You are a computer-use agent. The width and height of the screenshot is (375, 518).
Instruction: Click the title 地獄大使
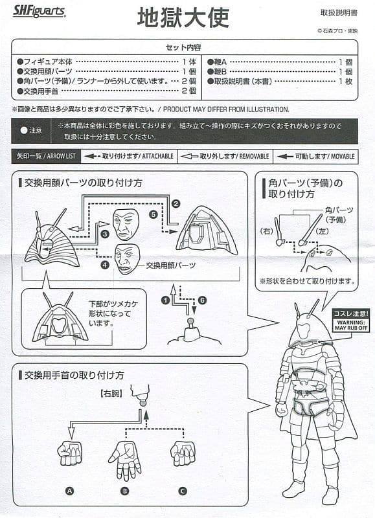click(x=183, y=17)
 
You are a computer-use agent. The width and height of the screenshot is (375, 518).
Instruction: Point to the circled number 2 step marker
click(x=176, y=203)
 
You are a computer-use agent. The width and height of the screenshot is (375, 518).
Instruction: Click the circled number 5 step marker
click(x=153, y=214)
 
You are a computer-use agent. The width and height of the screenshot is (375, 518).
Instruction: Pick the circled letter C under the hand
click(x=183, y=491)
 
